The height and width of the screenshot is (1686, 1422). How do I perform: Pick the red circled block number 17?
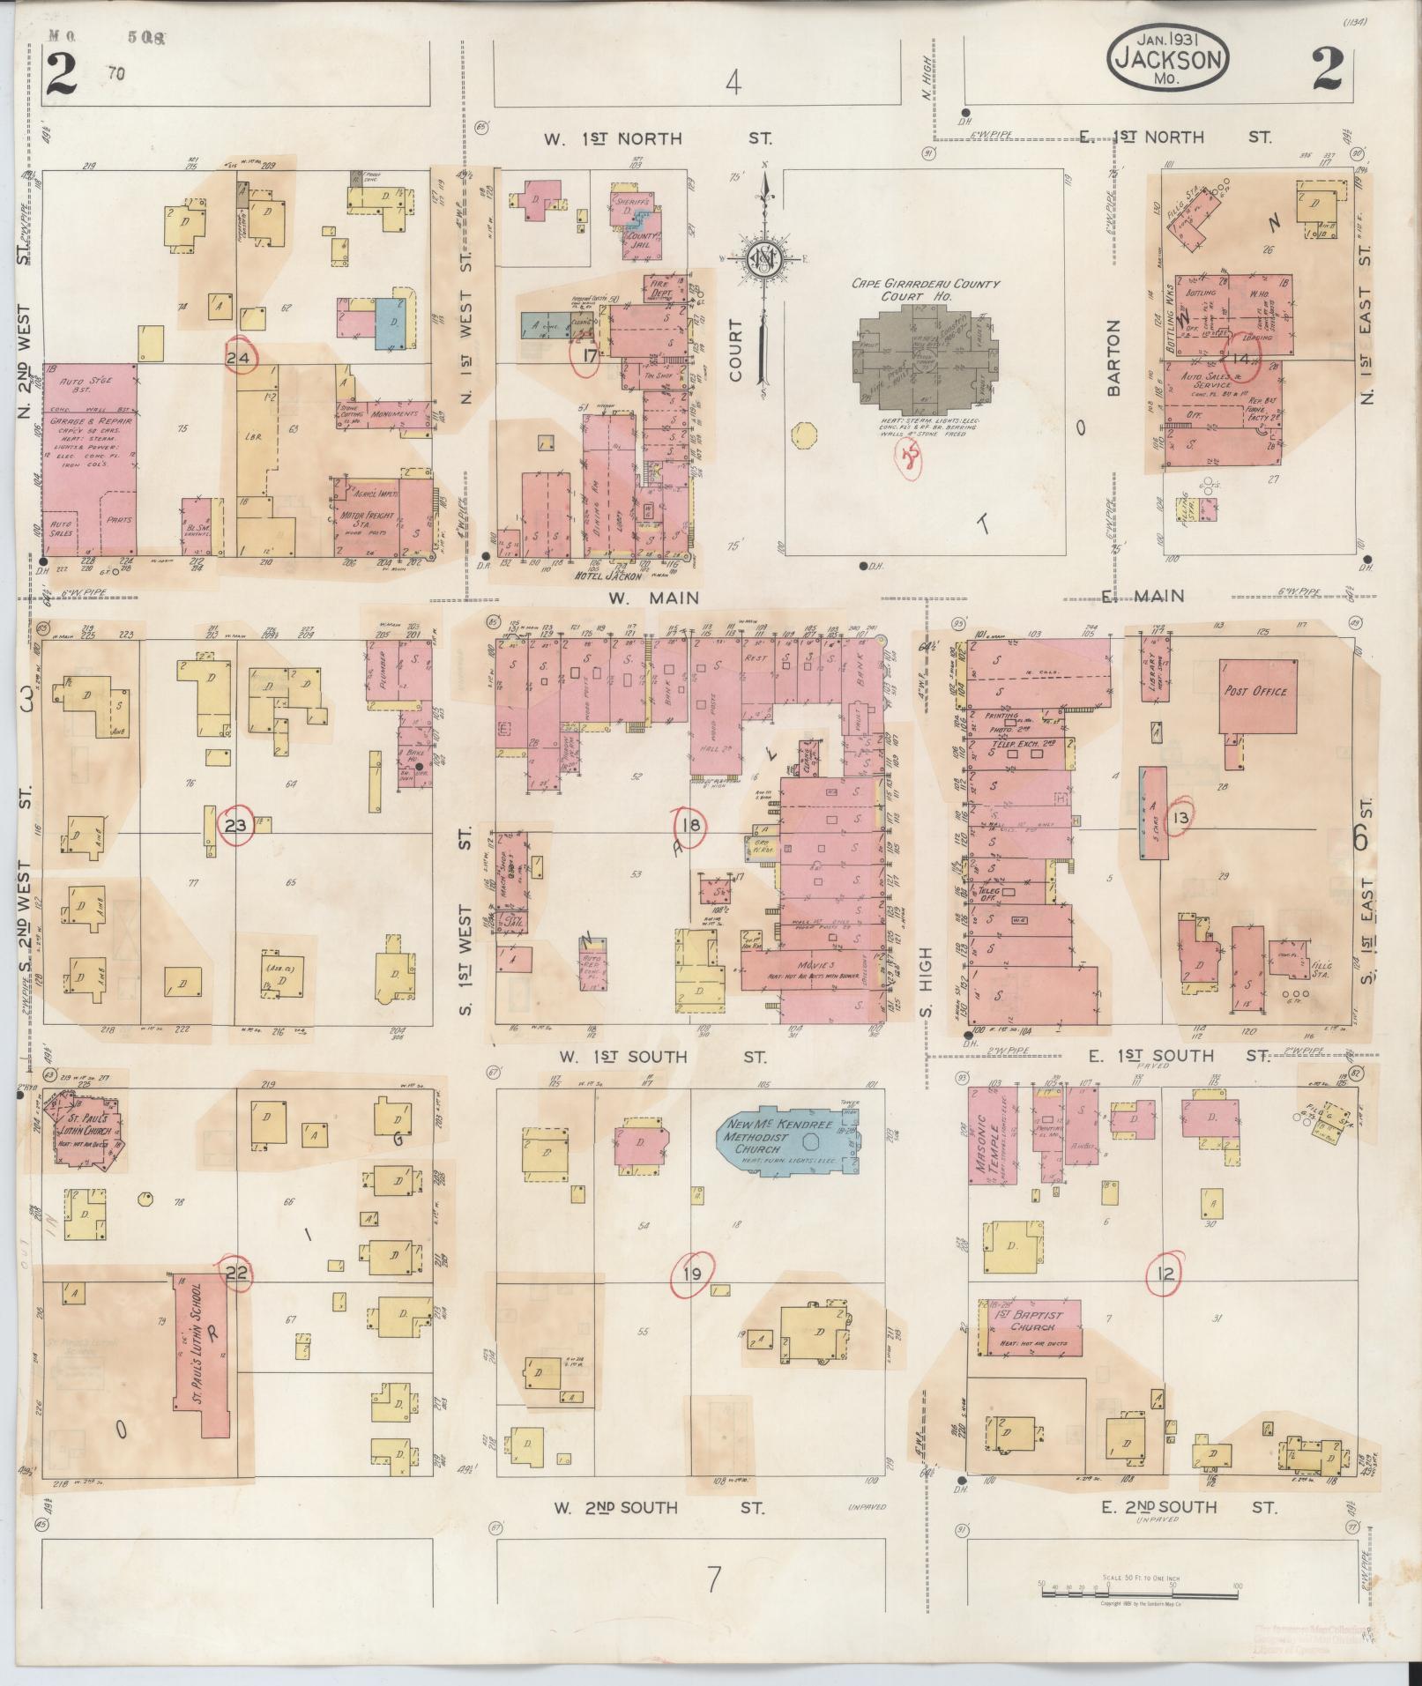(x=588, y=357)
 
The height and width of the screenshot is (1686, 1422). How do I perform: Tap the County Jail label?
(x=638, y=237)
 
